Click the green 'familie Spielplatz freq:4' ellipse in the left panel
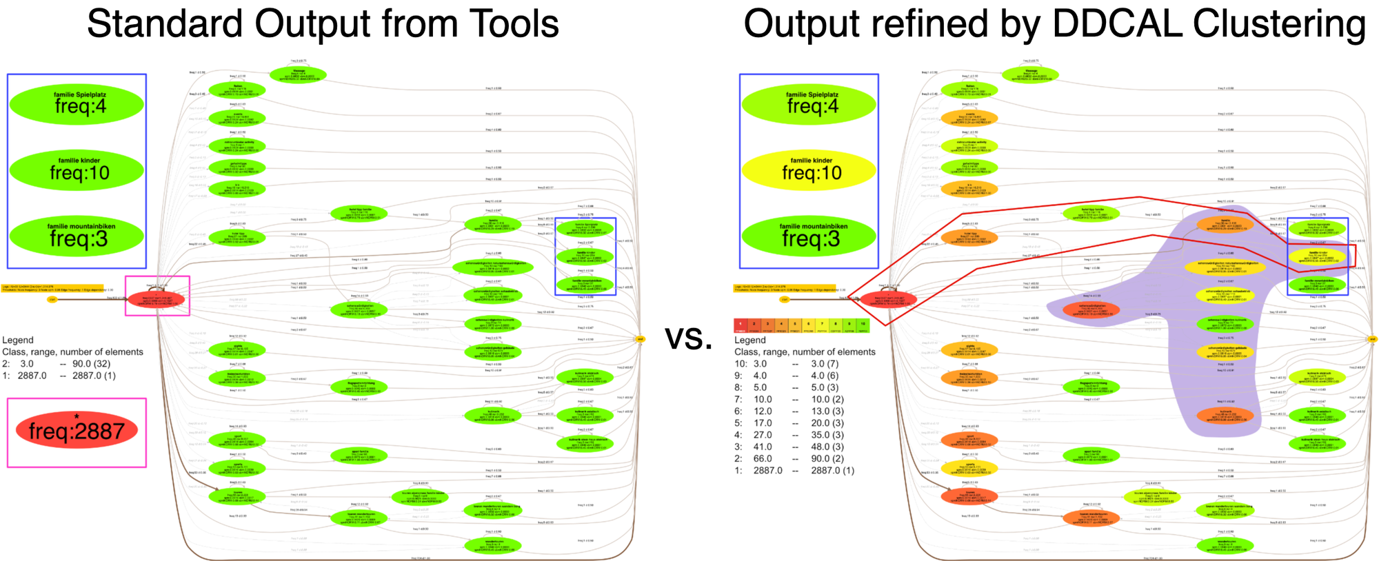click(77, 103)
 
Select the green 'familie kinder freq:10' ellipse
click(77, 170)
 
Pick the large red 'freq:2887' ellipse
click(77, 430)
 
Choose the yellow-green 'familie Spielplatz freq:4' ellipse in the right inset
click(809, 103)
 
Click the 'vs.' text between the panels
click(688, 337)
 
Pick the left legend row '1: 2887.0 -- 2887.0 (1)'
click(59, 376)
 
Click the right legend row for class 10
click(786, 364)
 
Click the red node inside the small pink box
click(157, 298)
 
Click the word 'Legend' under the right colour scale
click(749, 340)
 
